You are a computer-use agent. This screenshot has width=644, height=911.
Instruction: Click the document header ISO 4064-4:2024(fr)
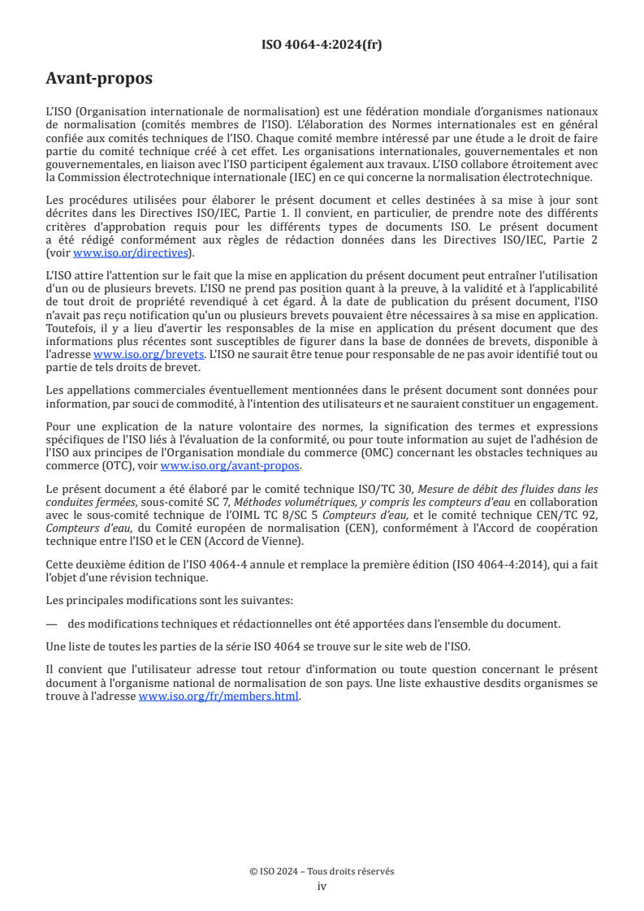(x=322, y=45)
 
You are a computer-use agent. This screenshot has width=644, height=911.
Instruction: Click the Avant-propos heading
(x=98, y=79)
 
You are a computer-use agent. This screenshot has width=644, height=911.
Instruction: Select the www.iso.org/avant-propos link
(x=230, y=466)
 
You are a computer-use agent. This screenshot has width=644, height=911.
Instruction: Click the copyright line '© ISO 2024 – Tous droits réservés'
(x=322, y=870)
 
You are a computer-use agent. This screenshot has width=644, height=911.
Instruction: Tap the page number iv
(x=322, y=886)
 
